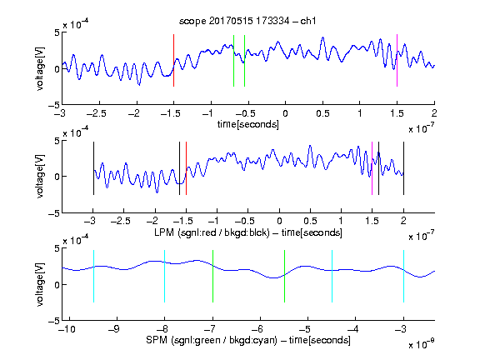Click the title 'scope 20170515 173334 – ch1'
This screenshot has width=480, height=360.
pos(247,21)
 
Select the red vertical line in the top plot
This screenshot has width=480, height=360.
pos(174,60)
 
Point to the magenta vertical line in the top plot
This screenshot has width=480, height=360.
pos(397,60)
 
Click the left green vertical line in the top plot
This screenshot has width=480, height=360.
pos(233,61)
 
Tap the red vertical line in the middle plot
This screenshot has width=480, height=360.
pos(186,168)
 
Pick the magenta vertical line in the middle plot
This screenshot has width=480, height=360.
pos(372,168)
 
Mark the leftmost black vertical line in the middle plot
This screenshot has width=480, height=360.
pos(93,168)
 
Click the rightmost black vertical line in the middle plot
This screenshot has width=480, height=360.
pos(403,168)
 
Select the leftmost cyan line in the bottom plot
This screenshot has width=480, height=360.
pos(93,276)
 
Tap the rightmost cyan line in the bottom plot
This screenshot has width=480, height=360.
pos(403,276)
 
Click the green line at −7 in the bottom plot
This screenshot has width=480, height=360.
pos(212,276)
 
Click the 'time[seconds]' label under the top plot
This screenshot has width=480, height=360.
pos(248,124)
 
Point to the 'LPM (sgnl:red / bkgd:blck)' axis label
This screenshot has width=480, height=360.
pos(212,232)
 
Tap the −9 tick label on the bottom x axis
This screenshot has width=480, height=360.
pos(114,329)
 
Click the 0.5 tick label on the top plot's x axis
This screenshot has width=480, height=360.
pos(322,113)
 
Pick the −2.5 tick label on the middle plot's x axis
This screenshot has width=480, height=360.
pos(121,221)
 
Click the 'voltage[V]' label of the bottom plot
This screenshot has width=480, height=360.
pos(40,284)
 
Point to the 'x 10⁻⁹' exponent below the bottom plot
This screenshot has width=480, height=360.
pos(422,344)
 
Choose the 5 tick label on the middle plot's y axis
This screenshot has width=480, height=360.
pos(57,141)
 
